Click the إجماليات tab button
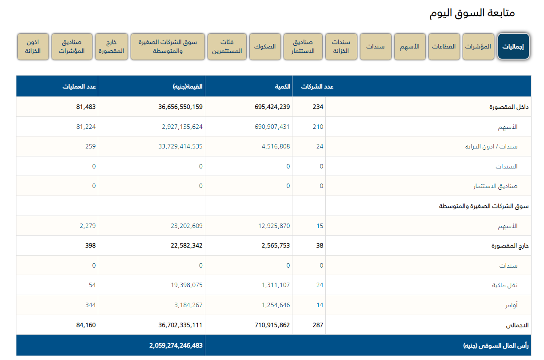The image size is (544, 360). click(513, 47)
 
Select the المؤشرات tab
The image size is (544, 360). click(478, 47)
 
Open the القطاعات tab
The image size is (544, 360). click(444, 47)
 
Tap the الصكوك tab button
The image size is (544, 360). click(265, 47)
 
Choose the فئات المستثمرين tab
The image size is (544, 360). click(227, 47)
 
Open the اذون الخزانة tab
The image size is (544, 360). click(33, 47)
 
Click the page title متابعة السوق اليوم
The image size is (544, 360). click(472, 12)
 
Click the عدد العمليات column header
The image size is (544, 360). click(79, 87)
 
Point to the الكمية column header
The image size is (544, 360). click(282, 87)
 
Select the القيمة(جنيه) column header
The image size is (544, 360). click(188, 87)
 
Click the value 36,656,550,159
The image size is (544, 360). click(174, 107)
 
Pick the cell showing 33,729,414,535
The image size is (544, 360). click(175, 146)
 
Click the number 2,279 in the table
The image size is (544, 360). click(88, 226)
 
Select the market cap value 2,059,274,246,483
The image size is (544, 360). click(176, 345)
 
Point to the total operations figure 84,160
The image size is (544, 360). click(86, 325)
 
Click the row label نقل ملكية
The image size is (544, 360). click(505, 285)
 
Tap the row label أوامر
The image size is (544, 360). click(511, 305)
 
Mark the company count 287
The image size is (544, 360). click(318, 325)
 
